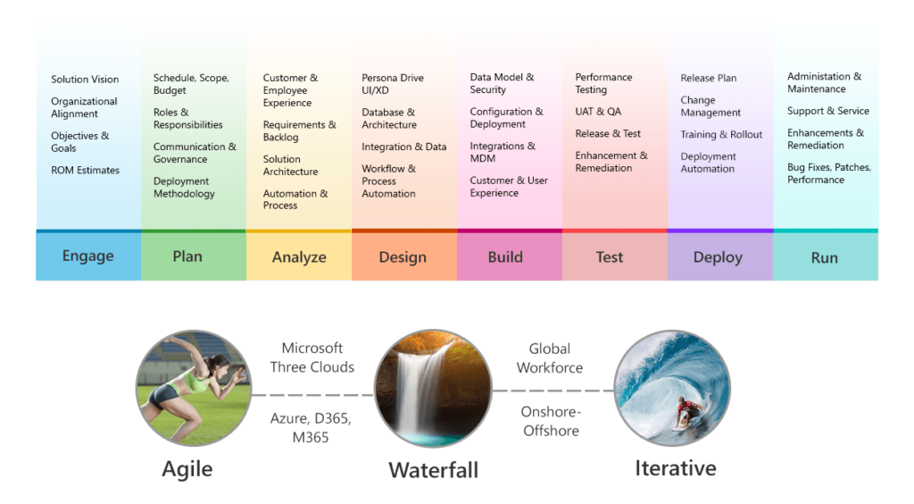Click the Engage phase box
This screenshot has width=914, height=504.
[88, 256]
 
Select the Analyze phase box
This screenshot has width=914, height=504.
[299, 256]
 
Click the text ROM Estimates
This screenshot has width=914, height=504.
[85, 171]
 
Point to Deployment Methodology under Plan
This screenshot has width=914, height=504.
[184, 188]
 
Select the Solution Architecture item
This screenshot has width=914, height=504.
[290, 165]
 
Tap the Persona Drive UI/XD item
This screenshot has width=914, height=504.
[393, 84]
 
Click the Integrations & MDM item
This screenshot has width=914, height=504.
[503, 152]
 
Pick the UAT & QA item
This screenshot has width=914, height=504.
[598, 112]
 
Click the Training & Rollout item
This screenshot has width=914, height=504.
[721, 135]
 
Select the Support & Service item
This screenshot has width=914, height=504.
[827, 111]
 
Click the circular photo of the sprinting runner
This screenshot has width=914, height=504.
[194, 389]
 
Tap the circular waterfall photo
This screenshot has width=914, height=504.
[433, 389]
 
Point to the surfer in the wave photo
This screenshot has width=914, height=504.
[688, 411]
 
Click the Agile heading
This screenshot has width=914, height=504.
[187, 469]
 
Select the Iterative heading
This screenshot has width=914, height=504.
[675, 468]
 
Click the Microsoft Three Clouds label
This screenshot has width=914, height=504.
[312, 357]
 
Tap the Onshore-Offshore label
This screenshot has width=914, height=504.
[551, 421]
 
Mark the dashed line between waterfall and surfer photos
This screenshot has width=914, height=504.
[553, 391]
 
